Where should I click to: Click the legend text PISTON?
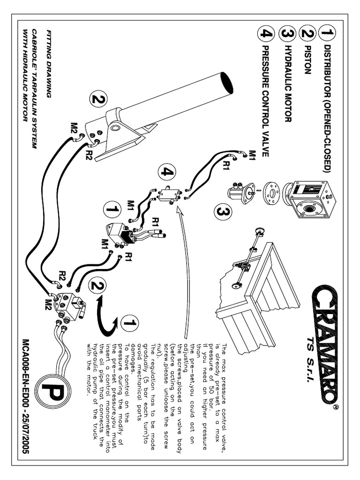point(307,60)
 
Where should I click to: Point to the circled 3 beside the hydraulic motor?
point(222,212)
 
